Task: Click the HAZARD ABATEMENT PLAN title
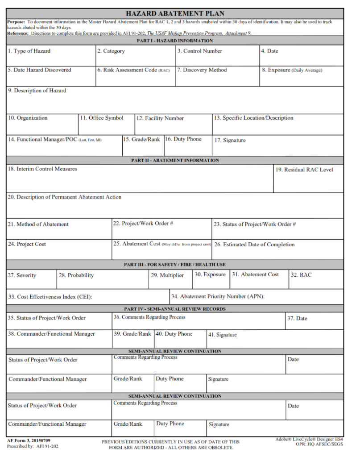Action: coord(175,14)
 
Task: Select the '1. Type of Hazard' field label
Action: coord(29,51)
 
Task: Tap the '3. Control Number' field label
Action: coord(199,51)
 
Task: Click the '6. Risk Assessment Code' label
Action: coord(133,70)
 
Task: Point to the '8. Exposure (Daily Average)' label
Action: coord(292,70)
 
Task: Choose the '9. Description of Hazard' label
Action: coord(37,91)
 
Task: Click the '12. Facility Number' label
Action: coord(160,118)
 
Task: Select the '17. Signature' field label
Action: coord(230,140)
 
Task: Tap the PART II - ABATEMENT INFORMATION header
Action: coord(175,160)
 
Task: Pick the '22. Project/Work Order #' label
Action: coord(143,223)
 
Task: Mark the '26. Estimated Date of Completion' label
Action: coord(254,245)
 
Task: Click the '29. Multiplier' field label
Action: coord(167,275)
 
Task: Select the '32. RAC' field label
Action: coord(301,275)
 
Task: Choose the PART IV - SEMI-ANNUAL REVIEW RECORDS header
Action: coord(175,309)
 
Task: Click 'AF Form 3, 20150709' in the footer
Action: coord(29,440)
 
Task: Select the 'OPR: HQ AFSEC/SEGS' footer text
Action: coord(319,445)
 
